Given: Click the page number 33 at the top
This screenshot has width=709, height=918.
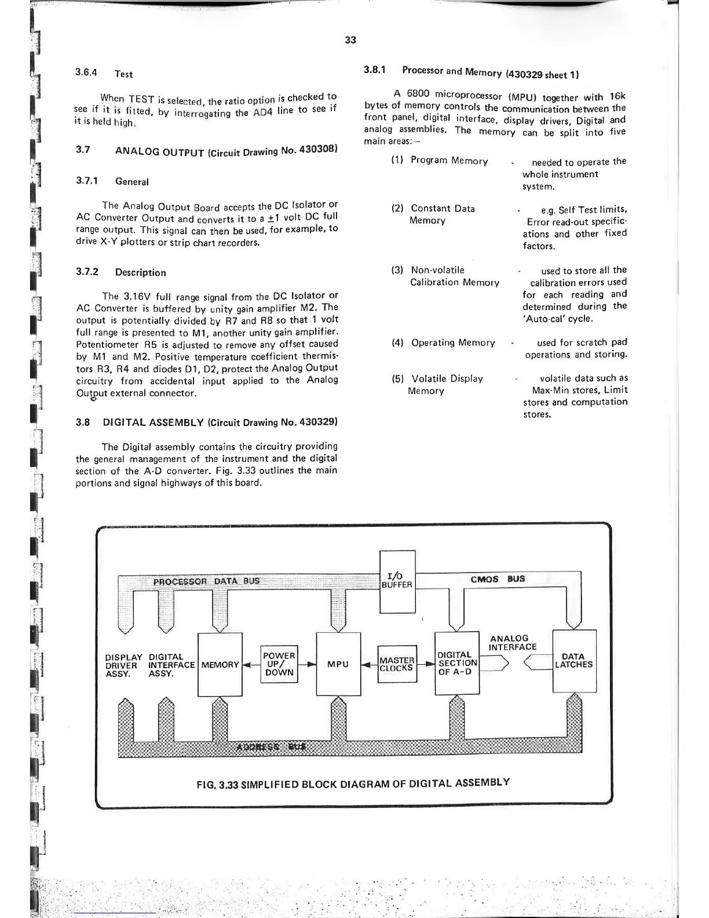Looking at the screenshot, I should pos(350,40).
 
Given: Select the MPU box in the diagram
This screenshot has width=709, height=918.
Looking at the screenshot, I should pos(338,664).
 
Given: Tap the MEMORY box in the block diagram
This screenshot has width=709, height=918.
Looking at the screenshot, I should pos(220,665).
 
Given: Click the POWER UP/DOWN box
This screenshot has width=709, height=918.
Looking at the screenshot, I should pos(279,664).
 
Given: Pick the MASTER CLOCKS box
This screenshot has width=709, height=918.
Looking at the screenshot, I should pos(397,664).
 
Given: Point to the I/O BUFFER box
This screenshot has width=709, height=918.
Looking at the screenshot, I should pos(397,581).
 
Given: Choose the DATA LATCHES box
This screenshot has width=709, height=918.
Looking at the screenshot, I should pos(574,661).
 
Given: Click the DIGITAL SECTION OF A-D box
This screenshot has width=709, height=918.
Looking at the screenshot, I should pos(457,663).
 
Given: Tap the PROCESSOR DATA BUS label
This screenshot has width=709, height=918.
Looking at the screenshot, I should pos(206,581).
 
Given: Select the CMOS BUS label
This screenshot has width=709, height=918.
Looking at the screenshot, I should pos(498,579).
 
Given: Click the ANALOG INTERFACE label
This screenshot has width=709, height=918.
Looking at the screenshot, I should pos(513,643).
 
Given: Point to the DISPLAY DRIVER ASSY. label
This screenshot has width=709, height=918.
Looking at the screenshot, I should pos(123,665).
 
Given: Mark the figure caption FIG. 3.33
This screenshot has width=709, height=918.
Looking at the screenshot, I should pos(353,784).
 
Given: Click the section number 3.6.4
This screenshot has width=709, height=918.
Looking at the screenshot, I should pos(86,73).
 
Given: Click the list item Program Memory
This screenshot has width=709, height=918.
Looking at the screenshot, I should pos(449,161).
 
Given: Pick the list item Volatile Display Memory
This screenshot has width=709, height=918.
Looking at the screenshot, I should pos(446,384).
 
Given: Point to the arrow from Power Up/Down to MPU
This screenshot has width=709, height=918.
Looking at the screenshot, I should pos(308,665).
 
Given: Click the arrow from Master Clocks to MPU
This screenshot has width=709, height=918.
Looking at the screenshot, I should pos(369,665).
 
